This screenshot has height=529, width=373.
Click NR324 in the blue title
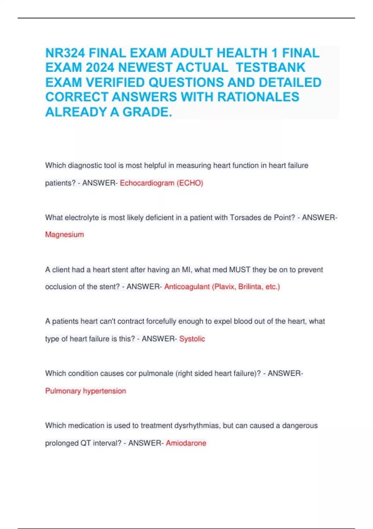65,53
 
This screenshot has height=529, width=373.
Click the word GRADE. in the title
147,112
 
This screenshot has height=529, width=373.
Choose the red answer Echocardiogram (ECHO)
161,183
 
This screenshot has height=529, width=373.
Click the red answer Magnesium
64,235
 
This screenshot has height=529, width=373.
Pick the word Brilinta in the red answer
250,287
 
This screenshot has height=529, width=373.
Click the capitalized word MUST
239,269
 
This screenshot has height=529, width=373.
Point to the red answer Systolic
192,339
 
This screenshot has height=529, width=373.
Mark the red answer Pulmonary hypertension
85,391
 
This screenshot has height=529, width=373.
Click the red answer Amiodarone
186,443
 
